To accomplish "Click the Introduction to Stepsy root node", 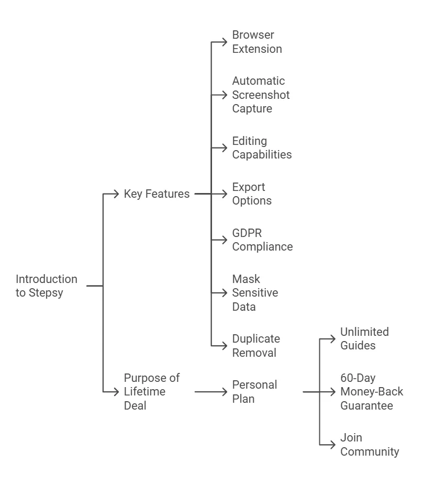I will (46, 286).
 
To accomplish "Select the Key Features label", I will (157, 194).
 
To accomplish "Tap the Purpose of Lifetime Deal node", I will (151, 391).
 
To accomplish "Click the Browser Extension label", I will (257, 42).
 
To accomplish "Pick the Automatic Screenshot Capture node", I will (261, 95).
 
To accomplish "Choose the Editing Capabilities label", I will (262, 148).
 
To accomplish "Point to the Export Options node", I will (252, 194).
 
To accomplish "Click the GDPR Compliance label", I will (262, 240).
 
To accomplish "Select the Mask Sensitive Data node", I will (255, 293).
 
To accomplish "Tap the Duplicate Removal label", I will (255, 346).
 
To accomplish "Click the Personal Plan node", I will (254, 391).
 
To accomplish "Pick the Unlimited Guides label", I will (364, 338).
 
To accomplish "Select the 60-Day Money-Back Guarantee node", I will (372, 391).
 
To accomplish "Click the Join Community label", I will (370, 445).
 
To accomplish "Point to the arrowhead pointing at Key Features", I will (116, 194).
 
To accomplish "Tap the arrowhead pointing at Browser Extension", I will (225, 42).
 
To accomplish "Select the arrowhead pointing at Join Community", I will (332, 445).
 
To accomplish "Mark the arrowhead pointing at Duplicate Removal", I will (225, 346).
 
